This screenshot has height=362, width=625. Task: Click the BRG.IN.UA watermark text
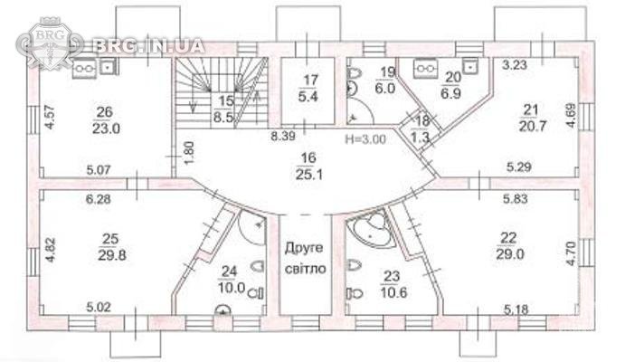click(x=148, y=46)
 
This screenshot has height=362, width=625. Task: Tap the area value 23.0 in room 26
click(x=106, y=129)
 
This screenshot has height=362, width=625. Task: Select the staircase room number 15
click(x=225, y=100)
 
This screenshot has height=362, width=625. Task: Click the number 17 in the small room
click(x=310, y=80)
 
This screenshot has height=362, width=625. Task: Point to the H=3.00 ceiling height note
click(x=365, y=139)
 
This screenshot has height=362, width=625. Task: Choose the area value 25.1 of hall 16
click(x=309, y=175)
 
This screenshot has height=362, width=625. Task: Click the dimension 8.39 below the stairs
click(x=283, y=137)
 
